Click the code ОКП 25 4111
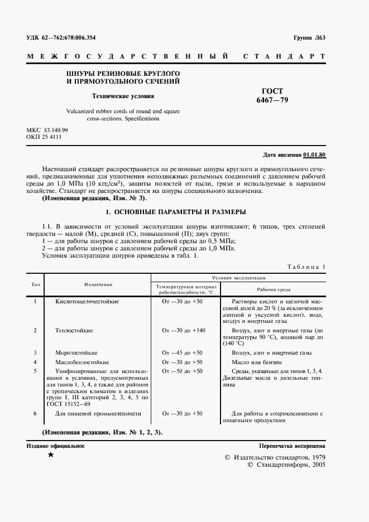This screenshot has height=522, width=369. click(44, 137)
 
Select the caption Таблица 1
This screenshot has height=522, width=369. click(306, 267)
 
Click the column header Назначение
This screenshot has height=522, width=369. click(99, 284)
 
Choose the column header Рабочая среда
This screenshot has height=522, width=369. click(274, 290)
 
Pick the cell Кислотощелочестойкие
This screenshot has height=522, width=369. click(87, 302)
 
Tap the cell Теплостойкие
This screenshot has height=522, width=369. click(74, 331)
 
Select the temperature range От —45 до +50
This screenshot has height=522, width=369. click(182, 353)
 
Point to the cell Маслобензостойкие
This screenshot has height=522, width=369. click(82, 362)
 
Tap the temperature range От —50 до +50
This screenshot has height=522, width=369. click(182, 371)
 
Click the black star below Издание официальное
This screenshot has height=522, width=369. click(51, 456)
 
